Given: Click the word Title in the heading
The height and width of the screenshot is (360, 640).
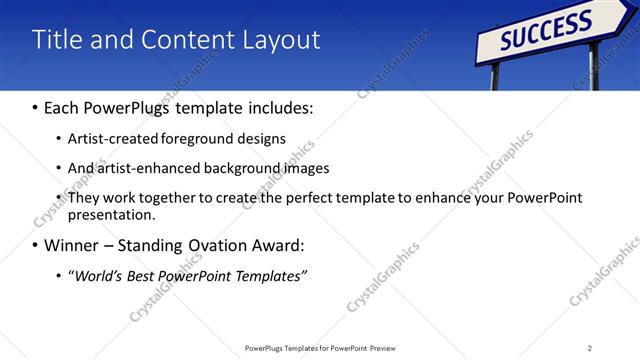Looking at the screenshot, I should coord(57,40).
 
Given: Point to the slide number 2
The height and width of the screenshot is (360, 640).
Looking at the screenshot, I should coord(589,348).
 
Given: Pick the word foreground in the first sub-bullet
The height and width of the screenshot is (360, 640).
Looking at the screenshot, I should coord(213,139).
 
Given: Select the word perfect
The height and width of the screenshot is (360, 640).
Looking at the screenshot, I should coord(315,198).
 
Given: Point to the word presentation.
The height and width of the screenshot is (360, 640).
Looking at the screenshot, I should coord(110,214).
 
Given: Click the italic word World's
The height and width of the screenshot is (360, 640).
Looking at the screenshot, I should coord(96,275).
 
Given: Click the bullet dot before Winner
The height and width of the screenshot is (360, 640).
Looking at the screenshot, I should coord(35,245).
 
